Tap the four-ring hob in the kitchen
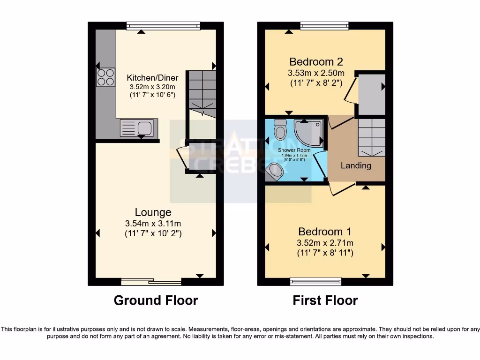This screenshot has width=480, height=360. (x=106, y=77)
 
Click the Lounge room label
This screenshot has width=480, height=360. (x=153, y=212)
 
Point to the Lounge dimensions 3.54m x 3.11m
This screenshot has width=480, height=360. (x=153, y=223)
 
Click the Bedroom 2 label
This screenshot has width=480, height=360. (x=316, y=61)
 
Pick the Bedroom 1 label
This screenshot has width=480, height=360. (x=325, y=232)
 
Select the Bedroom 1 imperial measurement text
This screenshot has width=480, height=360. (x=325, y=253)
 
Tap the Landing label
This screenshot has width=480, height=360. (x=356, y=165)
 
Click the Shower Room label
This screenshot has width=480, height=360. (x=293, y=150)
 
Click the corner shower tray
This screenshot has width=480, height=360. (x=310, y=132)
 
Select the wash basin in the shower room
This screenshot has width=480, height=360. (x=274, y=172)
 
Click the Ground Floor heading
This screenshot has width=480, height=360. (x=156, y=300)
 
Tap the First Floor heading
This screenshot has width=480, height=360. (x=325, y=300)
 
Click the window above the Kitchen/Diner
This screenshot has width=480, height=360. (x=163, y=26)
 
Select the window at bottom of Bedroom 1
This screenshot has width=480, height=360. (x=315, y=282)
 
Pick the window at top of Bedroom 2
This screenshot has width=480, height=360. (x=324, y=26)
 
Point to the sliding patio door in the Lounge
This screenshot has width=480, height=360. (x=151, y=282)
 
